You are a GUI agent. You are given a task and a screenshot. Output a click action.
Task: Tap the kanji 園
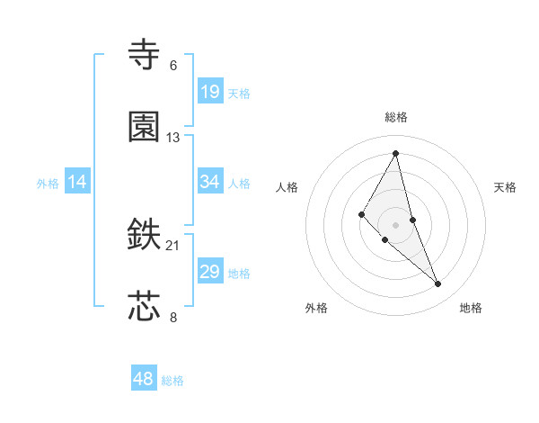(x=145, y=128)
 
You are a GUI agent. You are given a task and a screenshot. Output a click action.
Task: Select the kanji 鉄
(x=145, y=236)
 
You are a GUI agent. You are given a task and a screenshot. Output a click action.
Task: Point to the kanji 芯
(x=145, y=307)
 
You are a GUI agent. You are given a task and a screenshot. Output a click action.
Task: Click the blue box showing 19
(x=210, y=92)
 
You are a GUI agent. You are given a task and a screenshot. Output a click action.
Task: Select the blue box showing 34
(x=210, y=182)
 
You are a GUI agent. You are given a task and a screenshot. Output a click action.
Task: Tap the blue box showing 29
(x=210, y=272)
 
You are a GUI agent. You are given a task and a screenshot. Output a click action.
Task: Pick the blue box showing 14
(x=77, y=182)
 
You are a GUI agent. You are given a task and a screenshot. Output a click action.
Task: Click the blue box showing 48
(x=144, y=379)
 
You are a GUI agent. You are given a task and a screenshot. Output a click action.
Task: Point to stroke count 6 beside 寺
(x=173, y=65)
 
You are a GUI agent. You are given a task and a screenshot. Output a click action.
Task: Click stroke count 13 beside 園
(x=173, y=137)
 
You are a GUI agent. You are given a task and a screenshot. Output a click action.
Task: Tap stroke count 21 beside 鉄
(x=173, y=245)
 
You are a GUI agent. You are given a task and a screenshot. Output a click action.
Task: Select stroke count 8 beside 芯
(x=173, y=316)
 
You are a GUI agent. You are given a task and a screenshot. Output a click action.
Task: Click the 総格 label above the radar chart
(x=395, y=117)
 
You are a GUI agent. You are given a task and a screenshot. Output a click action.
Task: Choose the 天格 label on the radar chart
(x=505, y=187)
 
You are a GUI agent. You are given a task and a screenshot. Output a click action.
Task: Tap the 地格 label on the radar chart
(x=471, y=308)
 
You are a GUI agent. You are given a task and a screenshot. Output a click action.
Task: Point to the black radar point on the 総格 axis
(x=395, y=153)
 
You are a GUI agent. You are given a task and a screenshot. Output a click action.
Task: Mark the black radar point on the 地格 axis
(x=438, y=284)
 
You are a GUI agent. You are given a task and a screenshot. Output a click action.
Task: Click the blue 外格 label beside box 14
(x=48, y=183)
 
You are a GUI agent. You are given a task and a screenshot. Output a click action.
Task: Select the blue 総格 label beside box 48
(x=172, y=381)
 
